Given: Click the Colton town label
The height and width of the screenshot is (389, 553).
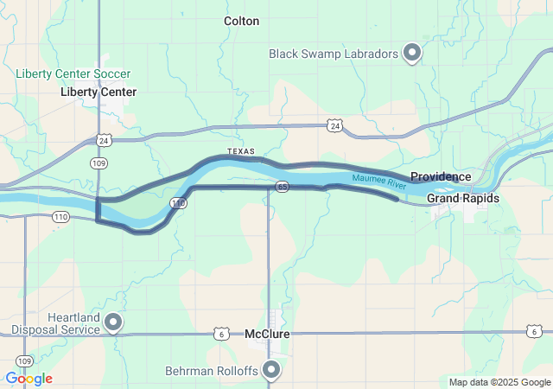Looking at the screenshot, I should pyautogui.click(x=241, y=21).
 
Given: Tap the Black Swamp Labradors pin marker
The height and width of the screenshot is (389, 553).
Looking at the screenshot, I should pyautogui.click(x=413, y=54).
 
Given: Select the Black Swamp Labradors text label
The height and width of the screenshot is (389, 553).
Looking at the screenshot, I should pyautogui.click(x=333, y=54).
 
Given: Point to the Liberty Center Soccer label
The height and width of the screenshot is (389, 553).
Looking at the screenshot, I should pyautogui.click(x=73, y=73).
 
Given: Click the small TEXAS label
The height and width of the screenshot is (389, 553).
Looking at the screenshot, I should pyautogui.click(x=242, y=151).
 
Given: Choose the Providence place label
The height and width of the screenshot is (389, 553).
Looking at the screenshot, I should pyautogui.click(x=441, y=177).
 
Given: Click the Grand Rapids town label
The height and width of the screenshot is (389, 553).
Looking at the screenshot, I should pyautogui.click(x=463, y=199).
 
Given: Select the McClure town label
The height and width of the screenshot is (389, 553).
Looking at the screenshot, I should pyautogui.click(x=267, y=334).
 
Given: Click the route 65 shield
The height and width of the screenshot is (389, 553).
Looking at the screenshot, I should pyautogui.click(x=282, y=186).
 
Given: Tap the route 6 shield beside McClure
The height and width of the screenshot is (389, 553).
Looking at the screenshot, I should pyautogui.click(x=222, y=333).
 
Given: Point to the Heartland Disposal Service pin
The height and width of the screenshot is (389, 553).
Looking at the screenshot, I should pyautogui.click(x=113, y=322).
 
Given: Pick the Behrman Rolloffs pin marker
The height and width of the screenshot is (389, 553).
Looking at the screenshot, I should pyautogui.click(x=272, y=370).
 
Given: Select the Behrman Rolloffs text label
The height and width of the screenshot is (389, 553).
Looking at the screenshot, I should pyautogui.click(x=213, y=371).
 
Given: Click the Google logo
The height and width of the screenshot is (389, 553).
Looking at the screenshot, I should pyautogui.click(x=29, y=379).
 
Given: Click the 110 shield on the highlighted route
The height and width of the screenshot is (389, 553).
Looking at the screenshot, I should pyautogui.click(x=178, y=203).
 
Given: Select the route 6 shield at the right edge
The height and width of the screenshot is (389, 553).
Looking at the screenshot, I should pyautogui.click(x=535, y=331).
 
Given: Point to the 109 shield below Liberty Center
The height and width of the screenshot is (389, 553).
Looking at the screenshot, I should pyautogui.click(x=99, y=162).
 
